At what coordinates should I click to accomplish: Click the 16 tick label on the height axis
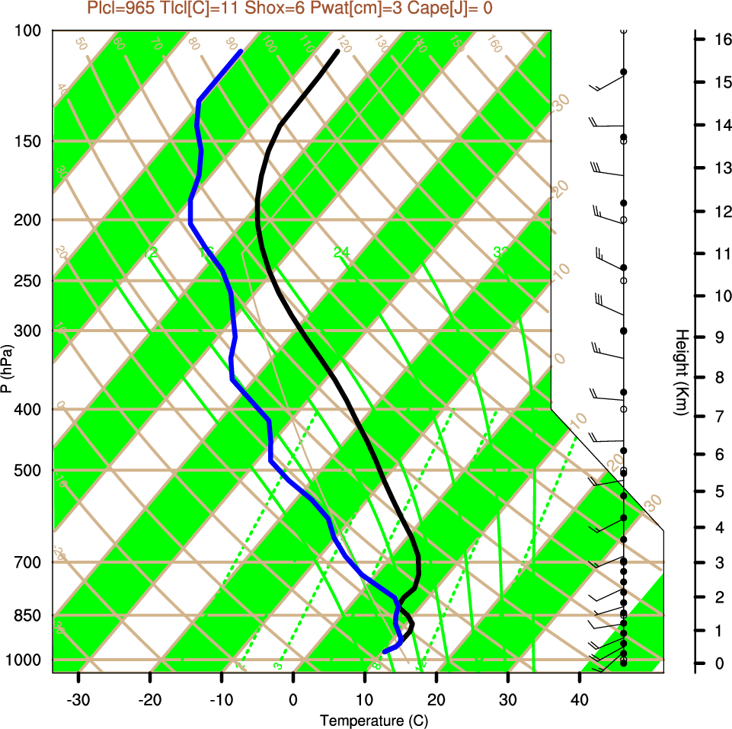click(x=723, y=39)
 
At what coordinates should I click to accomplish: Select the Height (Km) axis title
click(x=682, y=372)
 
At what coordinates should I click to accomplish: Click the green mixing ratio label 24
click(x=340, y=252)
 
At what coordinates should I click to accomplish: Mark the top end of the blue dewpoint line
click(x=241, y=51)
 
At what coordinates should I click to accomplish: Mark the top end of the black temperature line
click(x=337, y=51)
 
